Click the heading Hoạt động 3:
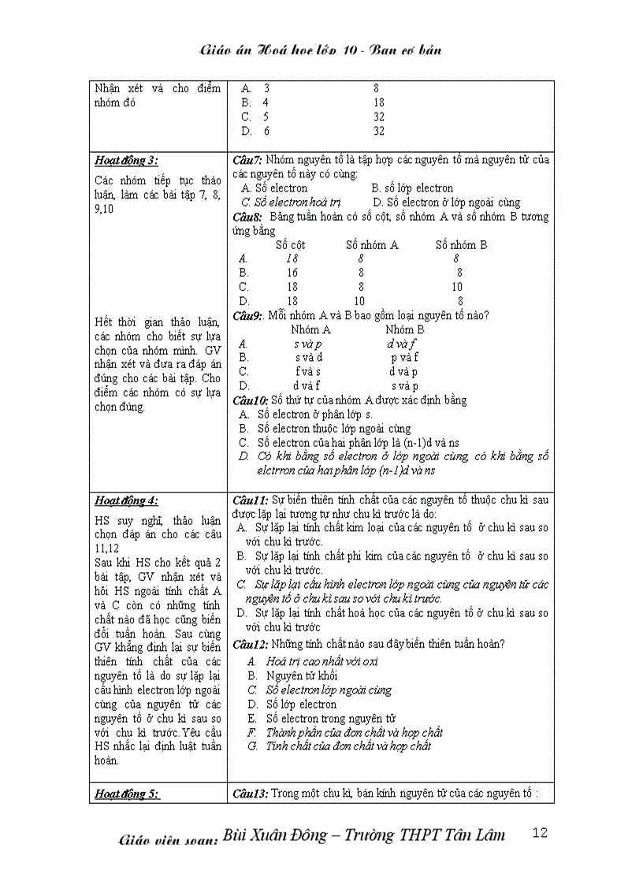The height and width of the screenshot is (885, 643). click(126, 162)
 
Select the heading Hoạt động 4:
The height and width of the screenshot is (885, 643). click(126, 500)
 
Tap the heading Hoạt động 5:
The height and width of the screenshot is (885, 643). click(126, 794)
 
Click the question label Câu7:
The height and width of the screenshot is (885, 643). click(248, 160)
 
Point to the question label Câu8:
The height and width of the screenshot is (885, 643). click(248, 217)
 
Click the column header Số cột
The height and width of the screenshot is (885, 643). click(290, 245)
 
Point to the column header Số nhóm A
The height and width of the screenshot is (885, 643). click(372, 245)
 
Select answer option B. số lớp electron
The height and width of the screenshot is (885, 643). click(412, 188)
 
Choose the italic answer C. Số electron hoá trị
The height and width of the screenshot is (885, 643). click(290, 203)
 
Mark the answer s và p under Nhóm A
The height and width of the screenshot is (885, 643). click(307, 344)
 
